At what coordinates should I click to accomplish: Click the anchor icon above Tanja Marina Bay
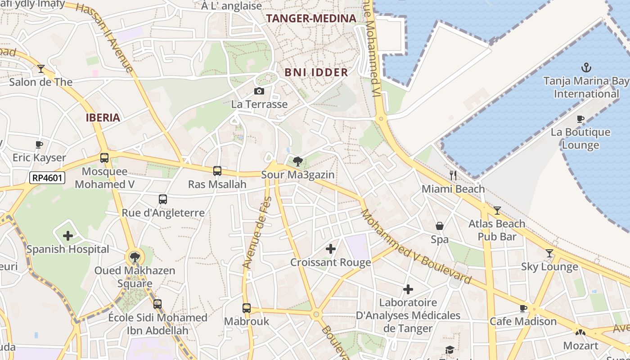point(586,68)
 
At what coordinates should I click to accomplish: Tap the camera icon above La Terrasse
point(259,91)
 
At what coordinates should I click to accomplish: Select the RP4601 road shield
point(48,178)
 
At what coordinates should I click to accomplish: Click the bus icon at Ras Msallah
point(217,171)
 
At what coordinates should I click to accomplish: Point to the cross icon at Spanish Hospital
point(68,236)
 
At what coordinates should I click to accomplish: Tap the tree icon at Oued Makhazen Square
point(135,257)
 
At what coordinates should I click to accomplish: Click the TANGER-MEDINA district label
point(311,18)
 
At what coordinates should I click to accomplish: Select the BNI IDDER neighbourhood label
point(316,72)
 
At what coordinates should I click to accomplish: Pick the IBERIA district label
point(103,118)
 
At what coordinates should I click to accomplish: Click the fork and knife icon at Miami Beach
point(453,175)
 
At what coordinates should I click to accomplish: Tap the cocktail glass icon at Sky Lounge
point(549,253)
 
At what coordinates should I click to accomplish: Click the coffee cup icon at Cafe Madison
point(523,308)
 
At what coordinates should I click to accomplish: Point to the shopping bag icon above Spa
point(439,226)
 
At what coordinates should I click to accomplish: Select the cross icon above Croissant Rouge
point(331,248)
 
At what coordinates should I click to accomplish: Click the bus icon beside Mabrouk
point(246,308)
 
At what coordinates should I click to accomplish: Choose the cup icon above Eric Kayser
point(39,144)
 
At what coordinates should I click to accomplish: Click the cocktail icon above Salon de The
point(41,69)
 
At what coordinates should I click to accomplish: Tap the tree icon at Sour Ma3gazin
point(297,161)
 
